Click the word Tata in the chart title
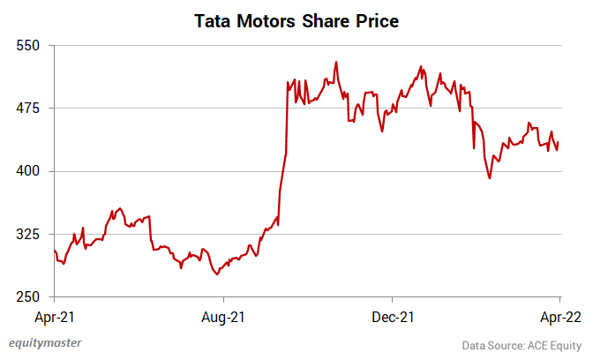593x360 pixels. pyautogui.click(x=215, y=19)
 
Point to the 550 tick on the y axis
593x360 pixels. pyautogui.click(x=29, y=45)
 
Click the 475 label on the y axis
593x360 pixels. pyautogui.click(x=29, y=109)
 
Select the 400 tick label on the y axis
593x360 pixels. pyautogui.click(x=29, y=171)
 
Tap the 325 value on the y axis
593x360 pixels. pyautogui.click(x=29, y=235)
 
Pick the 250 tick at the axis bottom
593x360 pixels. pyautogui.click(x=29, y=297)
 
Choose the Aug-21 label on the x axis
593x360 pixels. pyautogui.click(x=223, y=315)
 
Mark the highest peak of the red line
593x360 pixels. pyautogui.click(x=336, y=63)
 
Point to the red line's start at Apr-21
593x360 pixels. pyautogui.click(x=55, y=251)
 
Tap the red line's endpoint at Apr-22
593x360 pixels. pyautogui.click(x=558, y=143)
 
